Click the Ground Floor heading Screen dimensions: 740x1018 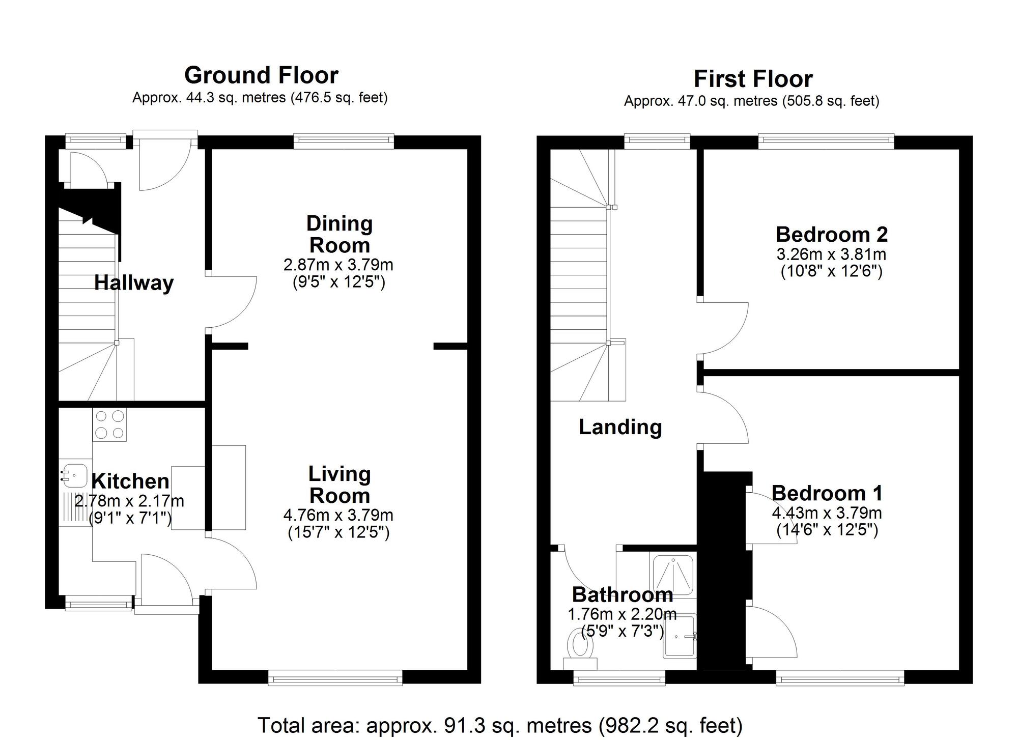261,75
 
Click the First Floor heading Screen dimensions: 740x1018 753,79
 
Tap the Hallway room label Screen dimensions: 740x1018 134,282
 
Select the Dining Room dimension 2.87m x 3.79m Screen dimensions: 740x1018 338,265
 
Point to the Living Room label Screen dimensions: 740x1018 340,485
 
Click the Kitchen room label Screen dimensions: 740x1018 130,481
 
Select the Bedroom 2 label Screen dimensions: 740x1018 832,235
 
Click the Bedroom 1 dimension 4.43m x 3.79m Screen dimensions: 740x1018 827,513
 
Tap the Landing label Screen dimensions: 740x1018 620,427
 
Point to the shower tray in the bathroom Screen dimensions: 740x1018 673,575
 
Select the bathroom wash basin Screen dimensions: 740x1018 680,636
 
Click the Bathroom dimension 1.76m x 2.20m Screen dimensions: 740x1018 622,614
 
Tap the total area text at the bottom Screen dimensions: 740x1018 500,725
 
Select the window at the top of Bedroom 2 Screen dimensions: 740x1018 826,141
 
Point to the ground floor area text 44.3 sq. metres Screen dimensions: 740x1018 260,98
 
